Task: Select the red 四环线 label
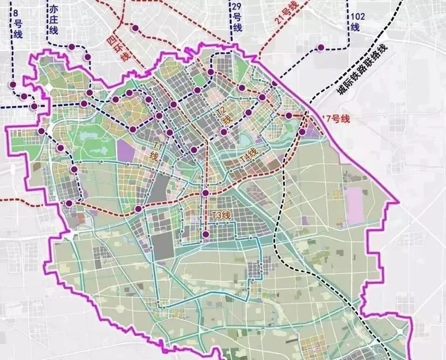coord(119,47)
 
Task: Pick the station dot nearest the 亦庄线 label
coord(71,47)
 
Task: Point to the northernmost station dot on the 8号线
coord(12,85)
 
